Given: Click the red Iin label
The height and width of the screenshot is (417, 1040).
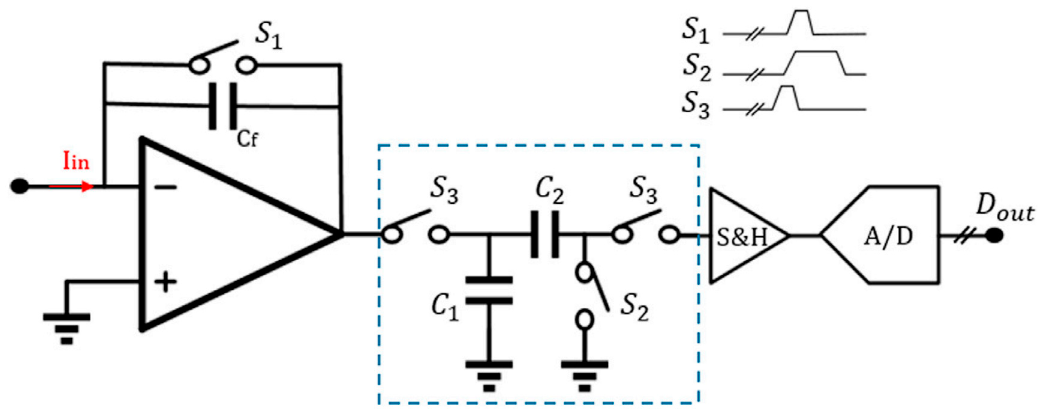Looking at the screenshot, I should point(76,162).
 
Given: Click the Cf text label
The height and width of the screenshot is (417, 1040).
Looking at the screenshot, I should point(247,139).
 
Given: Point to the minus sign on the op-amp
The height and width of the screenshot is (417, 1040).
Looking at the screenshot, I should point(166,187).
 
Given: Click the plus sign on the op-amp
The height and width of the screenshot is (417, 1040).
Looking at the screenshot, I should point(166,281).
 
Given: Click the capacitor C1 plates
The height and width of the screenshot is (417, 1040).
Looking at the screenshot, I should point(489,290).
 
